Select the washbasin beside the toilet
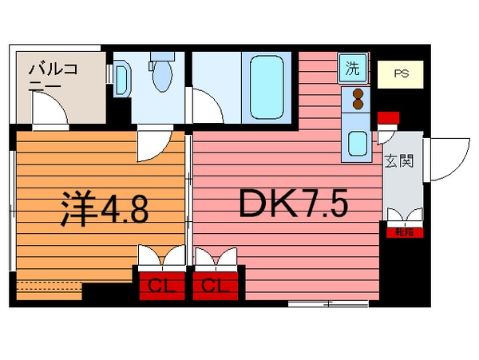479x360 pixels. [x=121, y=78]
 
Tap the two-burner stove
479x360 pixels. [x=356, y=99]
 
